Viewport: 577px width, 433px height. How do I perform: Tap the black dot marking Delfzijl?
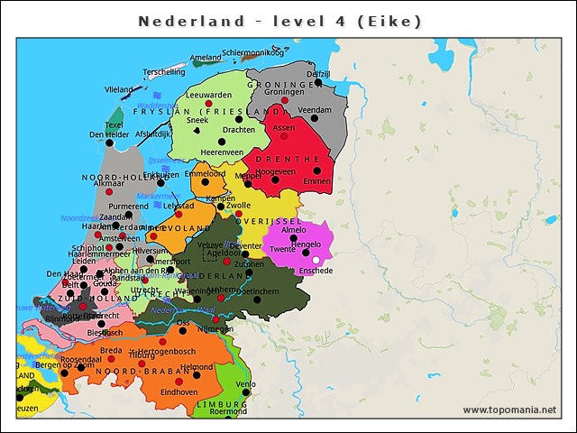pos(318,83)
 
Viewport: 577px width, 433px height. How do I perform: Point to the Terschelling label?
pos(164,71)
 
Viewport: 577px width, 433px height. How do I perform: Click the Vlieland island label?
pos(118,90)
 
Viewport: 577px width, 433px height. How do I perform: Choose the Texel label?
pos(114,124)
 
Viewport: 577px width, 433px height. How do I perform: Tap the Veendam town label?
pos(315,109)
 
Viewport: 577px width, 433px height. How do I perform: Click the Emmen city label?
pos(316,181)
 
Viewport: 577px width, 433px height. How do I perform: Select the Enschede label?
pos(316,271)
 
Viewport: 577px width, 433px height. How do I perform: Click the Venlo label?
pos(245,383)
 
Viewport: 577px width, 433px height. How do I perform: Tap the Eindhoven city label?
pos(179,392)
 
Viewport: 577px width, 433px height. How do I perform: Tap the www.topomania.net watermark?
pos(509,410)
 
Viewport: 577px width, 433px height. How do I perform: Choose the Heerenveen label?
pos(223,152)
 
